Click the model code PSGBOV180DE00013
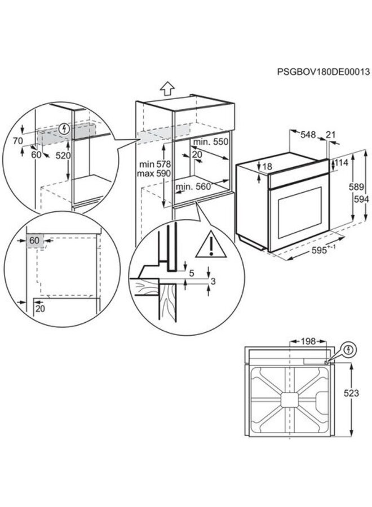click(x=323, y=72)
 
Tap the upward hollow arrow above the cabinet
click(x=166, y=88)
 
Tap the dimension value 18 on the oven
click(x=267, y=167)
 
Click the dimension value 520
click(x=57, y=155)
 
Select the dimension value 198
click(x=307, y=341)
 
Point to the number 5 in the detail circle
click(x=191, y=274)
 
